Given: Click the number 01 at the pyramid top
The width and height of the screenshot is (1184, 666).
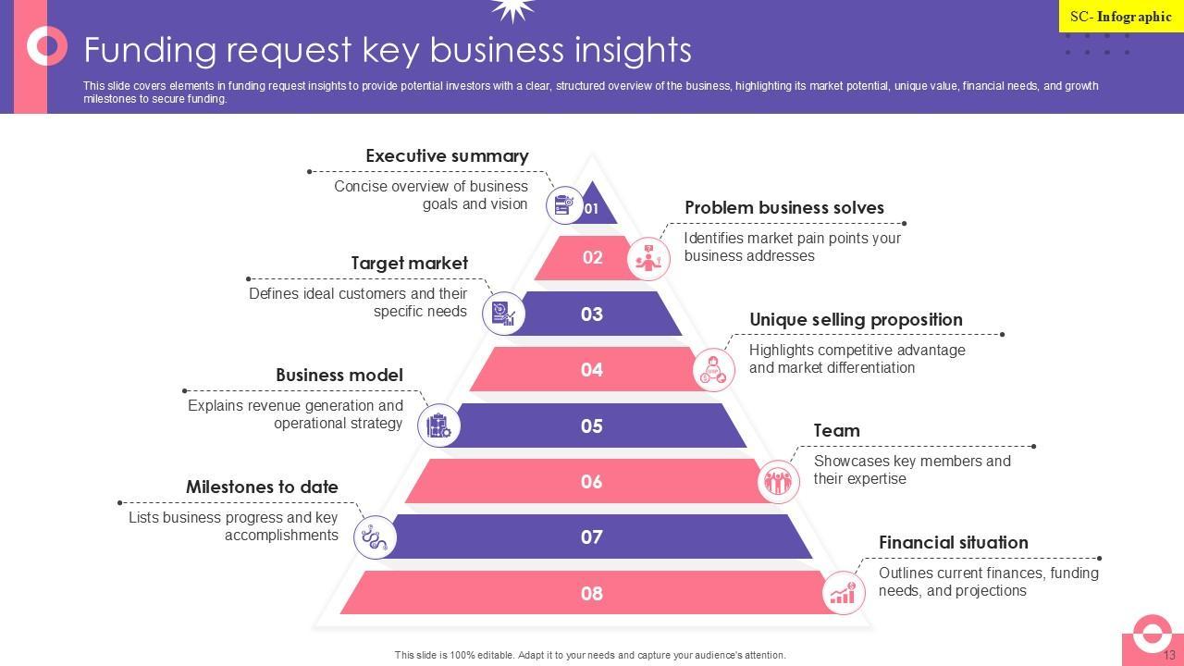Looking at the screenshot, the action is click(x=592, y=208).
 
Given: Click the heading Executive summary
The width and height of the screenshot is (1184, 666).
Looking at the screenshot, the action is click(x=447, y=156).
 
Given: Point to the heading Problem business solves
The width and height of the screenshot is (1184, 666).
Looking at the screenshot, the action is click(x=783, y=208).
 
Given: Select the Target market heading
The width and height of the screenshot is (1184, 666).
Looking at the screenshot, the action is click(x=409, y=264).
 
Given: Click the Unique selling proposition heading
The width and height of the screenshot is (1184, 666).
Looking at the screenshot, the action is click(x=856, y=320).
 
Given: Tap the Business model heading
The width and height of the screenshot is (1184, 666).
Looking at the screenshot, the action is click(x=339, y=376).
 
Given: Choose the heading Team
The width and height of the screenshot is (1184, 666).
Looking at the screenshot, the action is click(x=836, y=431).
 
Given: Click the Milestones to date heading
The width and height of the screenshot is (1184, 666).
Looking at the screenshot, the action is click(x=262, y=487).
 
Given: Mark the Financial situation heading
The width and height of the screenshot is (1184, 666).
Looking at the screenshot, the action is click(x=953, y=543).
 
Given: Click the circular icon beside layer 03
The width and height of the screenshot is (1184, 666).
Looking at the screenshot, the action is click(x=503, y=314).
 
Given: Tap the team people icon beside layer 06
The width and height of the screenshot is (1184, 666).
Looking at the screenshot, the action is click(x=778, y=481).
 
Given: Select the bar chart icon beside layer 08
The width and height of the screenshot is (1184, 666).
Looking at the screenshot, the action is click(x=843, y=593).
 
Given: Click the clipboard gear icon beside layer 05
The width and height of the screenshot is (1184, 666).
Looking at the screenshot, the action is click(x=438, y=425).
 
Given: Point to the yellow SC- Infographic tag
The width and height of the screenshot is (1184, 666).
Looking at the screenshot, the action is click(x=1120, y=17).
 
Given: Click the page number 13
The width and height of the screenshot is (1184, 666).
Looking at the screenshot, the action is click(x=1169, y=655).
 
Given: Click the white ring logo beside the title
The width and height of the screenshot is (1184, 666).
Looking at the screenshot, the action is click(x=46, y=45).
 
